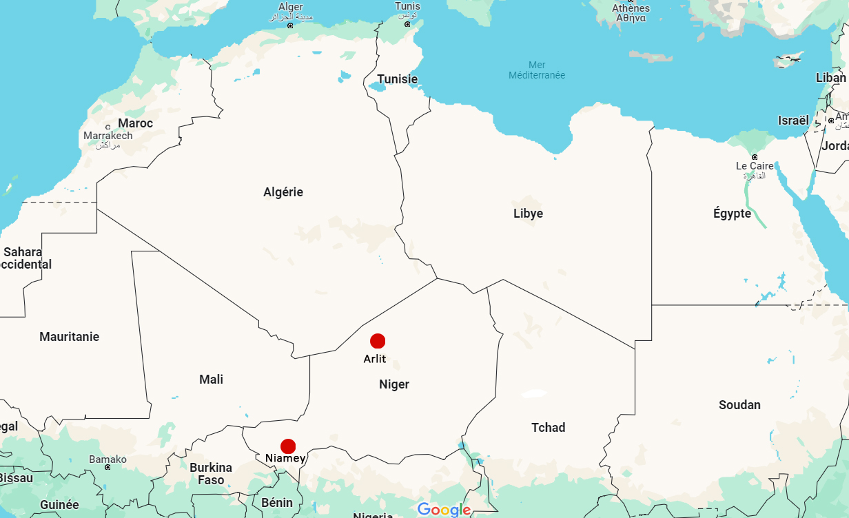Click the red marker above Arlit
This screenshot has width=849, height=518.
(x=378, y=341)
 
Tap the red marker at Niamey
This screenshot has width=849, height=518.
(x=288, y=446)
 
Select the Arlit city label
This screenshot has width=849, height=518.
(x=375, y=358)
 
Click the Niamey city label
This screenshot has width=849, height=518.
(x=285, y=458)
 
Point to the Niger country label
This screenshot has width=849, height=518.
(x=394, y=384)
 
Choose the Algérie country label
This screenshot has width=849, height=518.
(x=283, y=192)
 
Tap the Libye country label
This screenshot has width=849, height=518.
(x=528, y=214)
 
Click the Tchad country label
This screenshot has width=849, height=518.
(x=548, y=428)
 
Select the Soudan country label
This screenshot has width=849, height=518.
(x=739, y=405)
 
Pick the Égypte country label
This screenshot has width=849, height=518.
(x=732, y=214)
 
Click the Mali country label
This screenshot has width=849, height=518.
(x=211, y=380)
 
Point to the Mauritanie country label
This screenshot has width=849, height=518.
(x=69, y=337)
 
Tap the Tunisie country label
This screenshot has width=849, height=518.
(x=397, y=79)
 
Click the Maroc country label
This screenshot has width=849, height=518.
(x=135, y=123)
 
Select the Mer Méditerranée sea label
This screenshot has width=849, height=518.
(x=537, y=70)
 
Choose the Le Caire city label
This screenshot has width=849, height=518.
(x=755, y=166)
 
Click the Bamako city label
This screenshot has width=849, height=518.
(x=108, y=459)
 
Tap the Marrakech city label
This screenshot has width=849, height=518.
(x=108, y=136)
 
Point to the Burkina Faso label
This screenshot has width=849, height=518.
(x=211, y=474)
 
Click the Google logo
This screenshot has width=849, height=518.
(x=444, y=510)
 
